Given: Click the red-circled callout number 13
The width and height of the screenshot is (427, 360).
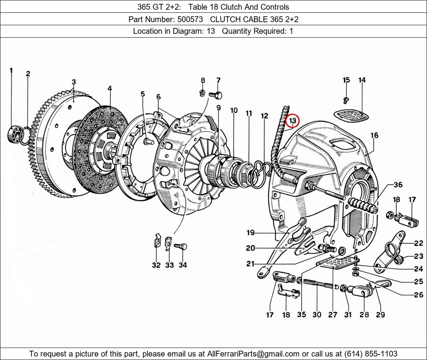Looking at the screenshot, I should pyautogui.click(x=292, y=121).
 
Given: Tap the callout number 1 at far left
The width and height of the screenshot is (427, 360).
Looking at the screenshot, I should pyautogui.click(x=11, y=70).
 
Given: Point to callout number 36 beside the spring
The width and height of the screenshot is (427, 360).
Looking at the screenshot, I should pyautogui.click(x=398, y=185).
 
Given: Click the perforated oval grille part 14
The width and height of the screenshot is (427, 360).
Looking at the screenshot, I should pyautogui.click(x=351, y=115).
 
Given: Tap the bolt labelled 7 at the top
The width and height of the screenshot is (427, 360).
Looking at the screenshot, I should pyautogui.click(x=215, y=94).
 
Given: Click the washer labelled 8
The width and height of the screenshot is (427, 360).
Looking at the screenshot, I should pyautogui.click(x=202, y=93).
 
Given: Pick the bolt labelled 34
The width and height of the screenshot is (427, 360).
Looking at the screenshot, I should pyautogui.click(x=181, y=246).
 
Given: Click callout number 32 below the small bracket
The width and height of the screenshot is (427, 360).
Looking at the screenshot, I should pyautogui.click(x=156, y=265).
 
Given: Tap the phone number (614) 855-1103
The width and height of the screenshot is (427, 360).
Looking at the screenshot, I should pyautogui.click(x=370, y=354).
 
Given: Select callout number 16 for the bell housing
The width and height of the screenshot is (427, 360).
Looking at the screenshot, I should pyautogui.click(x=374, y=135).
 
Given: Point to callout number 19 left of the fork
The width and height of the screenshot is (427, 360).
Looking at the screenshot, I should pyautogui.click(x=250, y=233).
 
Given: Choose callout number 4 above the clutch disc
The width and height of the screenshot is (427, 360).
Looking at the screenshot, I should pyautogui.click(x=110, y=88).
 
